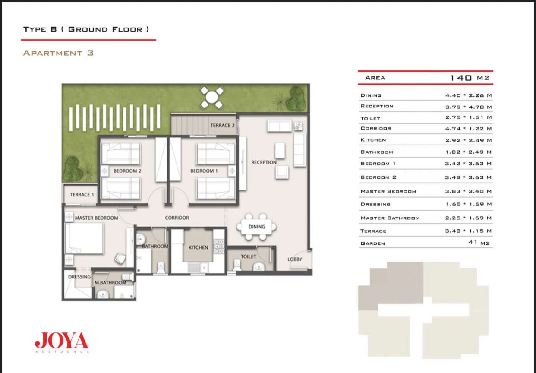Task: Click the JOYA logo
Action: tap(62, 342)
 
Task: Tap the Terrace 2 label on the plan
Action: tap(222, 126)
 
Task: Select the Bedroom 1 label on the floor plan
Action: tap(204, 171)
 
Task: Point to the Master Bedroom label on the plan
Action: tap(96, 218)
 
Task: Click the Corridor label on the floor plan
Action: tap(177, 218)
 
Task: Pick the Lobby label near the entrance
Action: tap(295, 259)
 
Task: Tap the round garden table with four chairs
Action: tap(212, 98)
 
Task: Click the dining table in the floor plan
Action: tap(256, 227)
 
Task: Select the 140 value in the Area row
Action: tap(460, 78)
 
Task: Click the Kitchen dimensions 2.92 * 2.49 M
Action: tap(468, 140)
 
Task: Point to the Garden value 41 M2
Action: tap(479, 243)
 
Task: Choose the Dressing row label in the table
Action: tap(375, 204)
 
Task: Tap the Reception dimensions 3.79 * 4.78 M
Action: tap(468, 107)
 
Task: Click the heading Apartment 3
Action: tap(58, 53)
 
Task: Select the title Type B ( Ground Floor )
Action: tap(86, 29)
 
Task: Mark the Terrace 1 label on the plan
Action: tap(82, 194)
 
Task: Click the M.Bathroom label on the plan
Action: tap(110, 282)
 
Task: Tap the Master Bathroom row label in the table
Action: tap(390, 218)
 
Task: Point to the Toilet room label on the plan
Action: tap(249, 256)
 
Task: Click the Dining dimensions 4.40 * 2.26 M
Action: tap(468, 95)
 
